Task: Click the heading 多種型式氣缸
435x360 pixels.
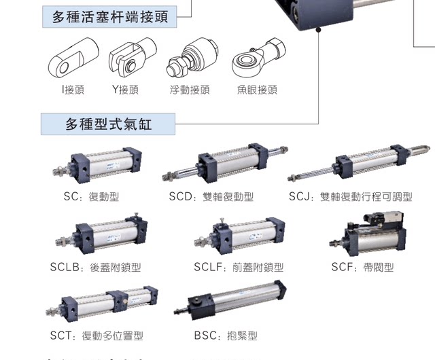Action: [x=108, y=124]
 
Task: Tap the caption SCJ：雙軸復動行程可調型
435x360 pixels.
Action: [x=350, y=197]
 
